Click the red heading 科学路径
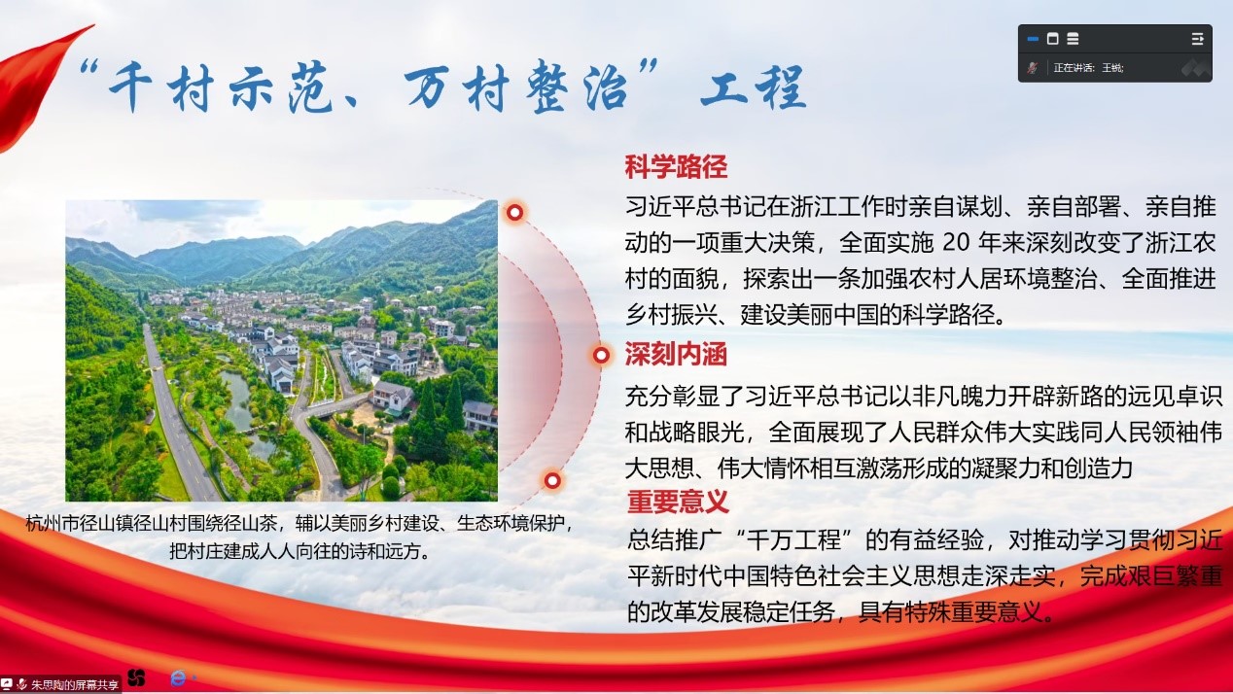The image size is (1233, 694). tap(676, 167)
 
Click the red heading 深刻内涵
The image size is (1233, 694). tap(676, 354)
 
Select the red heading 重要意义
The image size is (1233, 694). tap(678, 502)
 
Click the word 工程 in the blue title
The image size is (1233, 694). tap(754, 87)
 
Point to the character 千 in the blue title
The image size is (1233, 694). tap(130, 87)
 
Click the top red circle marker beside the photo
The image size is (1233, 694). tap(514, 213)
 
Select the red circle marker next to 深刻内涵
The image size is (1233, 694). tap(601, 355)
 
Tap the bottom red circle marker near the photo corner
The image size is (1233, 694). tap(552, 480)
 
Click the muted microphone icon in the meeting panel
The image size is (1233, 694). tap(1032, 68)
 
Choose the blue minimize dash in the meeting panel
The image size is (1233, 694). tap(1033, 39)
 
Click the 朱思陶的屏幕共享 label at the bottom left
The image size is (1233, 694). tap(75, 684)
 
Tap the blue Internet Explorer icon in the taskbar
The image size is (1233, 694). tap(178, 678)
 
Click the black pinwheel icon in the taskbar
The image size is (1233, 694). tap(136, 678)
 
